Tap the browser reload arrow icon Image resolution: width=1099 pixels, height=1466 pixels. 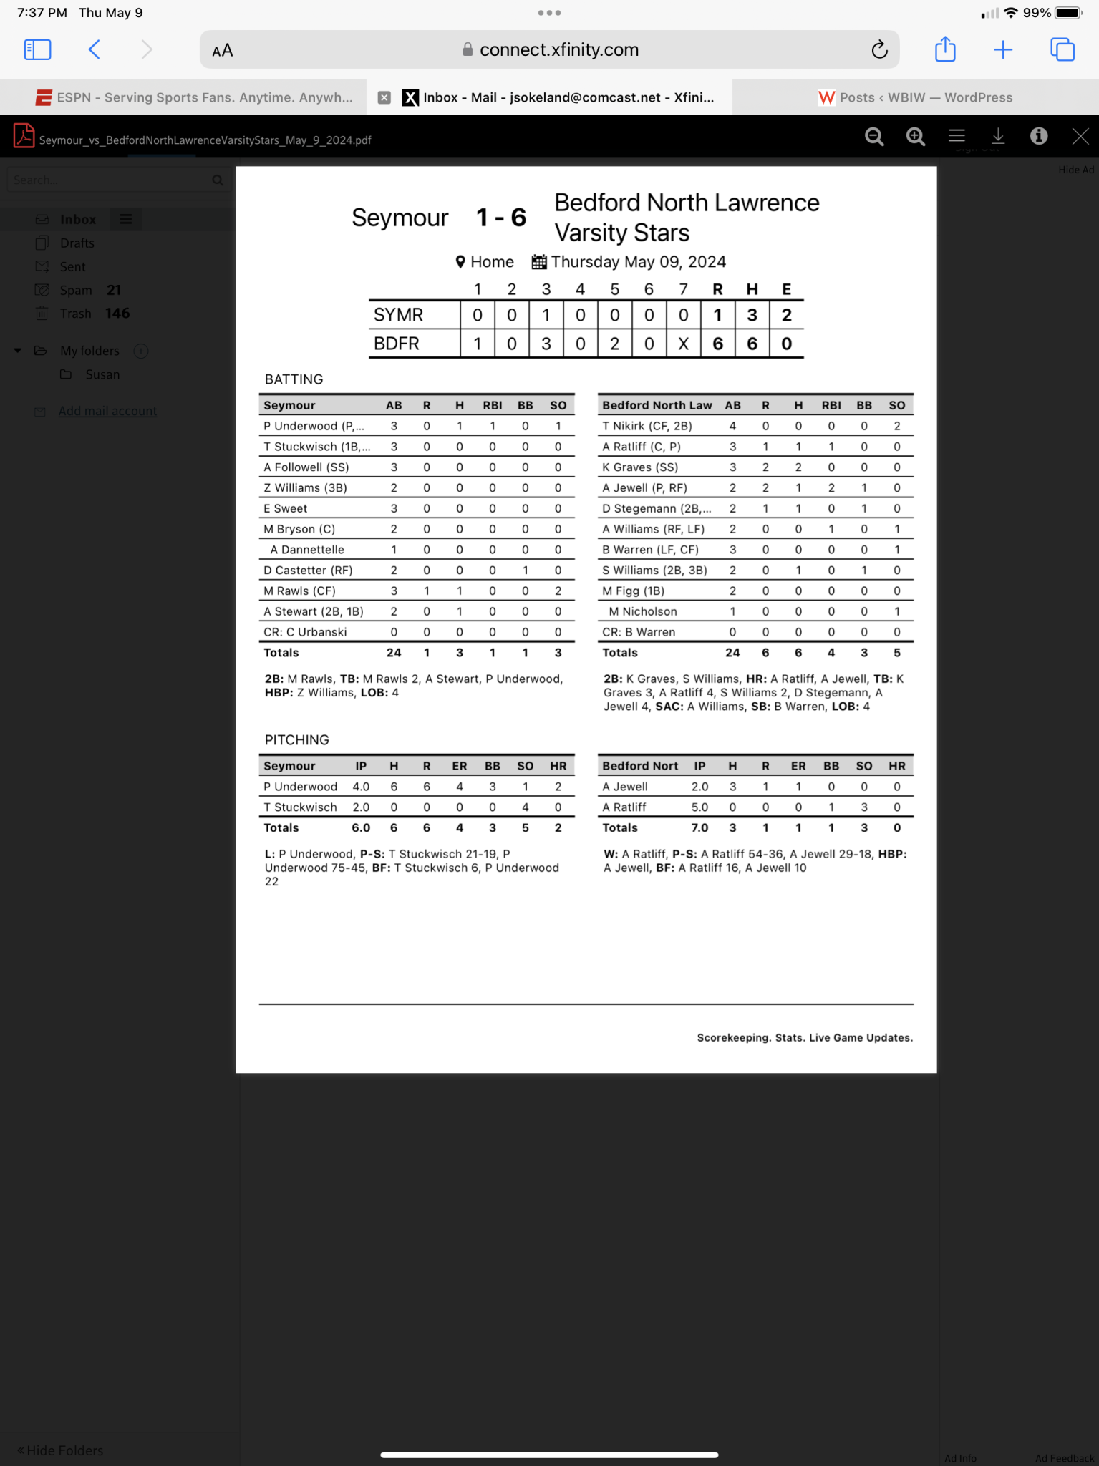click(879, 49)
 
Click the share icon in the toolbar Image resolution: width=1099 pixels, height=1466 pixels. click(945, 49)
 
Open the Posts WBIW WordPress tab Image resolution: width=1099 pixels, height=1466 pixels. click(916, 97)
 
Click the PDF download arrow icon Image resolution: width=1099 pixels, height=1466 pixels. click(998, 136)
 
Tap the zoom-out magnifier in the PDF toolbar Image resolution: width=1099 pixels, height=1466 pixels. click(874, 136)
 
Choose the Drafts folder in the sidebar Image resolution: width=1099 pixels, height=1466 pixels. click(77, 243)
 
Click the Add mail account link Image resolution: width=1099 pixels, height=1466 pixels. click(107, 411)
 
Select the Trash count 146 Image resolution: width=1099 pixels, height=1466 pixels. click(117, 314)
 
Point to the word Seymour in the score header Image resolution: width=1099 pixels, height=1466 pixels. click(400, 218)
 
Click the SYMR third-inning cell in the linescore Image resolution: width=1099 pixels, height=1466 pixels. click(546, 315)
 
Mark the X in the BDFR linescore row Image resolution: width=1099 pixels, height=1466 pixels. click(683, 344)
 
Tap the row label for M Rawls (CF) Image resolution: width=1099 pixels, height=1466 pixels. click(299, 591)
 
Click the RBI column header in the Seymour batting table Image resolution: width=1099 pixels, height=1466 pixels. click(492, 405)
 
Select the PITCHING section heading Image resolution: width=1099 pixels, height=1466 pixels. click(296, 740)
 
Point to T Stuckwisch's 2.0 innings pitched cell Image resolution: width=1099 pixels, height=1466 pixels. click(361, 807)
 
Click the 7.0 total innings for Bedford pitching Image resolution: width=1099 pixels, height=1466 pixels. click(699, 828)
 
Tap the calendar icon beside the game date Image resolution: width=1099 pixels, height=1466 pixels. click(538, 262)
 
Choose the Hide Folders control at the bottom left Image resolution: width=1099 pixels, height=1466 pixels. click(60, 1450)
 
